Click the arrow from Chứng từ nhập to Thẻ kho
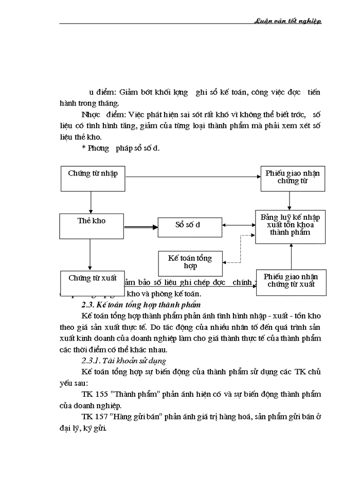(91, 203)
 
